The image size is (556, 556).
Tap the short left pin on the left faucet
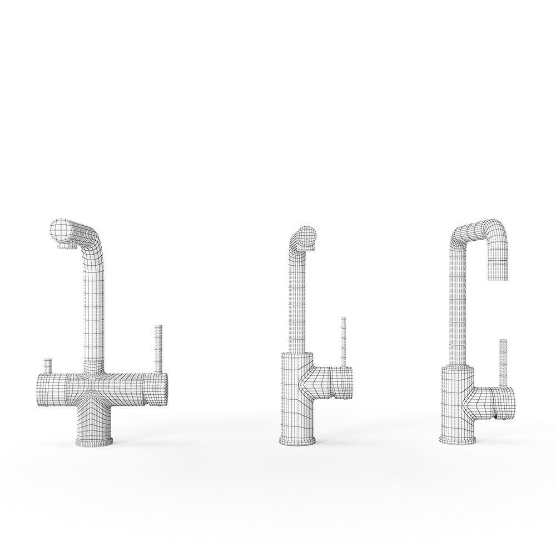48,366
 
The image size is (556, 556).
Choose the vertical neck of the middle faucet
297,300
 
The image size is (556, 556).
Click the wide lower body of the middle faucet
295,395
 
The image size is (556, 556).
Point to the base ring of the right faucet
457,440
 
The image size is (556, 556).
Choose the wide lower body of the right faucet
455,400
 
